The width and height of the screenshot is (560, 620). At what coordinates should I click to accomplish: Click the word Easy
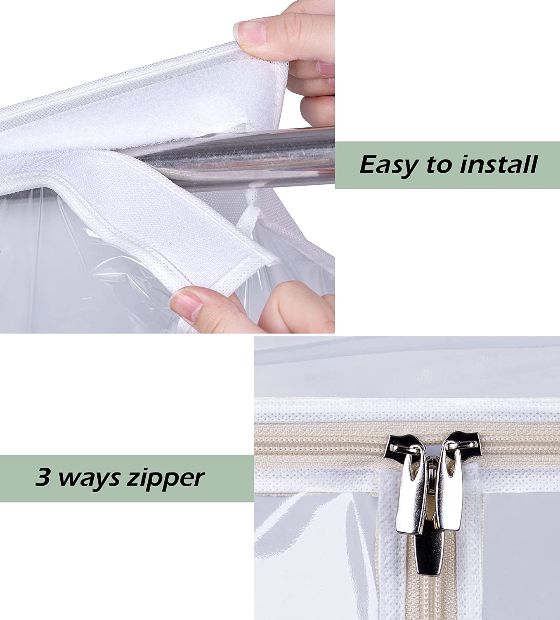coord(388,165)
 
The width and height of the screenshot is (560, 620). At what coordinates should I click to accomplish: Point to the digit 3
coord(42,477)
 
